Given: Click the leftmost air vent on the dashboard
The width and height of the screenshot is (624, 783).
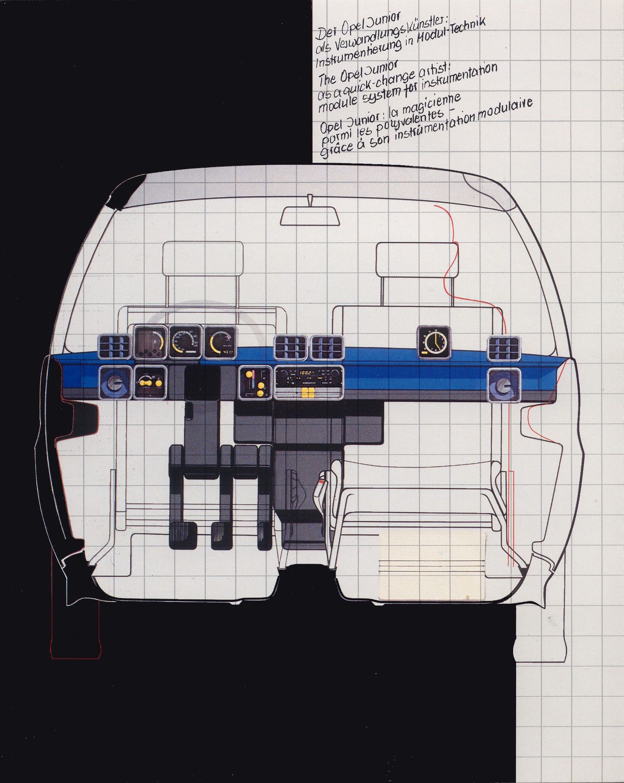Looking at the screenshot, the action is click(114, 346).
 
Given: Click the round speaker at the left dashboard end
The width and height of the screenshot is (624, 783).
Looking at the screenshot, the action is click(114, 383).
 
